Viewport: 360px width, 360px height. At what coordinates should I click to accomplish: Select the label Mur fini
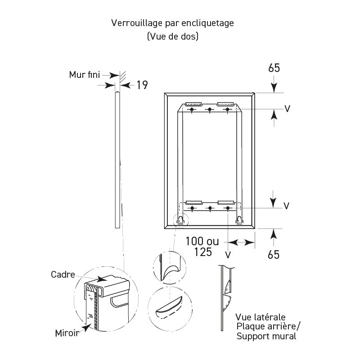[84, 74]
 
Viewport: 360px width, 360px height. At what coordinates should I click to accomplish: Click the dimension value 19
[142, 85]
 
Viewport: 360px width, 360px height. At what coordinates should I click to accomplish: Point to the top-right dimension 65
[274, 68]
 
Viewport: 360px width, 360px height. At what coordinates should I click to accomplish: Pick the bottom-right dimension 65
[274, 254]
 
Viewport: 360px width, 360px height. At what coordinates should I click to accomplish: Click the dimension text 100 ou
[202, 242]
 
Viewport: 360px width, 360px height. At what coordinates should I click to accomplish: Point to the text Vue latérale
[260, 318]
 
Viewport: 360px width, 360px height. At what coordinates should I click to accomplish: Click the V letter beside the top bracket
[286, 109]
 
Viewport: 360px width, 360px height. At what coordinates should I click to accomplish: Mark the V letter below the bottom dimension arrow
[228, 255]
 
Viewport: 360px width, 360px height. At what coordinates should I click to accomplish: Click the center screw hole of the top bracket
[210, 109]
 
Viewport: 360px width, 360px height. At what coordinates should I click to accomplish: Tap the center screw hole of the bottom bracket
[210, 208]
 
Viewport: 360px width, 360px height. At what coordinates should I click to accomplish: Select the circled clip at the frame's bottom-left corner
[180, 220]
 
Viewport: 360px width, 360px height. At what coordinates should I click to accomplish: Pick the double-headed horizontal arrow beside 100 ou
[242, 242]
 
